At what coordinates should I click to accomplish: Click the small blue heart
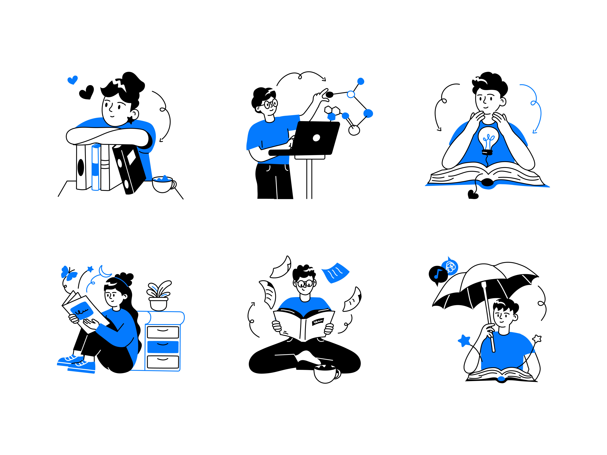[72, 80]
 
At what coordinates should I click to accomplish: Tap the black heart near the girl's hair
[87, 93]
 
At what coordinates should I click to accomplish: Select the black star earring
[131, 120]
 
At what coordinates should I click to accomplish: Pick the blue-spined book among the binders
[95, 167]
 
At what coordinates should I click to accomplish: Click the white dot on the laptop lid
[316, 138]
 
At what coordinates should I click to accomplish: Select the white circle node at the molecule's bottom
[354, 130]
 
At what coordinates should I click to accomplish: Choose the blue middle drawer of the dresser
[163, 347]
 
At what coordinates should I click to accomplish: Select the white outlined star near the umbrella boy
[537, 339]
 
